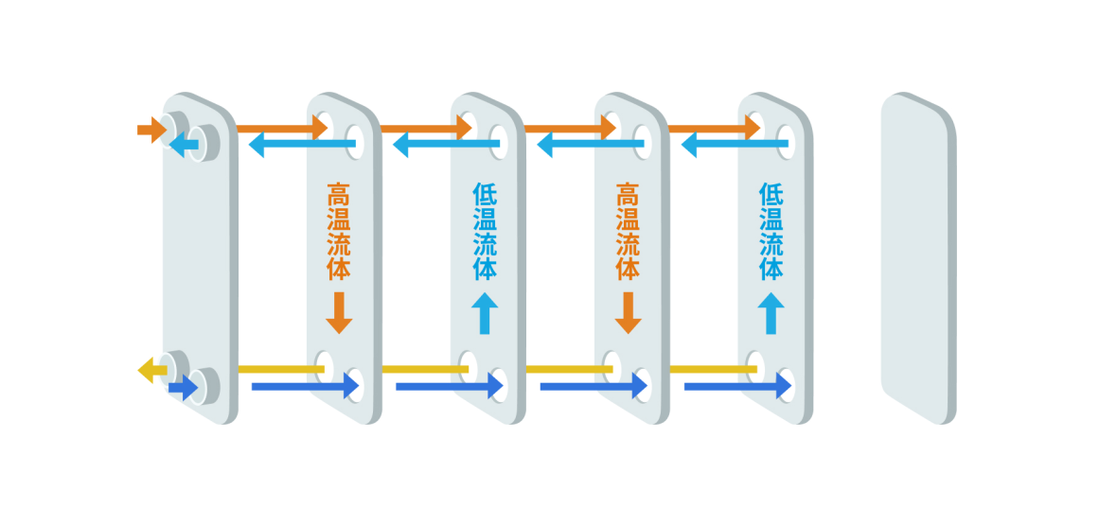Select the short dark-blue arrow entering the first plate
[x=183, y=387]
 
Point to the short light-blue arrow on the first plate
[x=185, y=145]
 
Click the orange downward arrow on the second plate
[x=339, y=312]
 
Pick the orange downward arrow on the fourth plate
[x=627, y=312]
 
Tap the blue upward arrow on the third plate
[x=484, y=312]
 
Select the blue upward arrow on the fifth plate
[x=771, y=312]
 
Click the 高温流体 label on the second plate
[x=339, y=232]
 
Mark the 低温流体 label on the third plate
[x=484, y=232]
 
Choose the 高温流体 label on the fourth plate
[x=627, y=232]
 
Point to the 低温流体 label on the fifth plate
[x=771, y=232]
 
